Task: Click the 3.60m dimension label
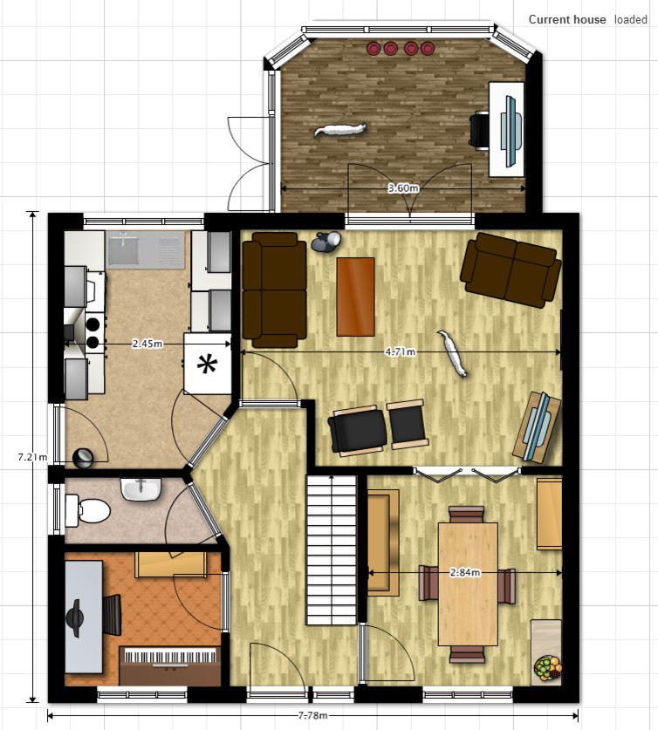coord(403,188)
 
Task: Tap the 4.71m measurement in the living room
coord(400,352)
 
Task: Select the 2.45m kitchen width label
coord(147,344)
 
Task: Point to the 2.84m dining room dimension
coord(465,573)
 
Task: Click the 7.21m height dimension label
coord(32,457)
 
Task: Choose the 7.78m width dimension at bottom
coord(313,715)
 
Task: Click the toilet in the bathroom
coord(88,510)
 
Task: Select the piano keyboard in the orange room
coord(170,657)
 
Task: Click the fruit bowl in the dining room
coord(548,667)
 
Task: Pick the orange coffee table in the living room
coord(356,297)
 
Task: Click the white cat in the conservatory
coord(340,129)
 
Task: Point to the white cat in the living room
coord(452,353)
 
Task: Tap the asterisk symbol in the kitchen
coord(207,365)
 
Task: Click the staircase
coord(331,549)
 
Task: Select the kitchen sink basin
coord(123,249)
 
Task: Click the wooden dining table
coord(468,583)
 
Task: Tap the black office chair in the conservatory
coord(479,130)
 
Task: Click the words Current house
coord(567,19)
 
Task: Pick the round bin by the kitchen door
coord(84,458)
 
